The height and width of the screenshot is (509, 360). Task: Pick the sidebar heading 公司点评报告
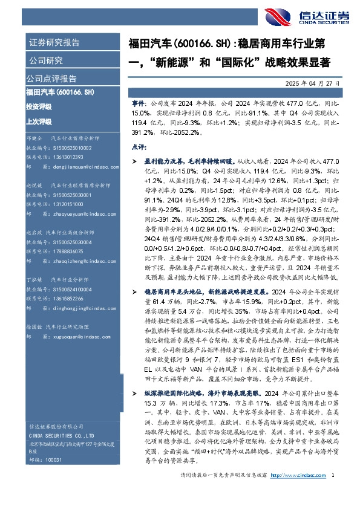(x=51, y=78)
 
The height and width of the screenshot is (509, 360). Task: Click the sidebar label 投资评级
(x=39, y=106)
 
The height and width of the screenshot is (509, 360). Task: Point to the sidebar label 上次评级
(x=39, y=121)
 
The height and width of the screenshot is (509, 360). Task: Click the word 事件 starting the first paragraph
(x=139, y=104)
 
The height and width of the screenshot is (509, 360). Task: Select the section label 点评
(x=139, y=146)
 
